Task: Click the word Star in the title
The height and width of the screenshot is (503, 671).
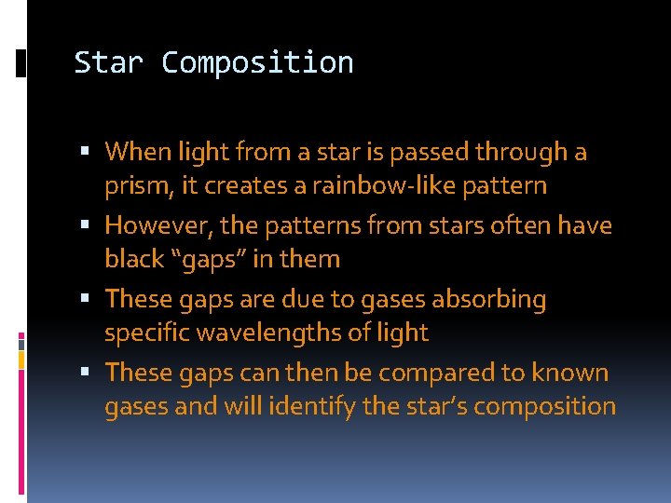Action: pos(109,62)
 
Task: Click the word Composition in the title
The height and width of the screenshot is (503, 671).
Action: pos(257,62)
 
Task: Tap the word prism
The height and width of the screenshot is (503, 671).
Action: pos(135,186)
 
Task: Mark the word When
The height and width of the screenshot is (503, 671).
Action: pos(136,151)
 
